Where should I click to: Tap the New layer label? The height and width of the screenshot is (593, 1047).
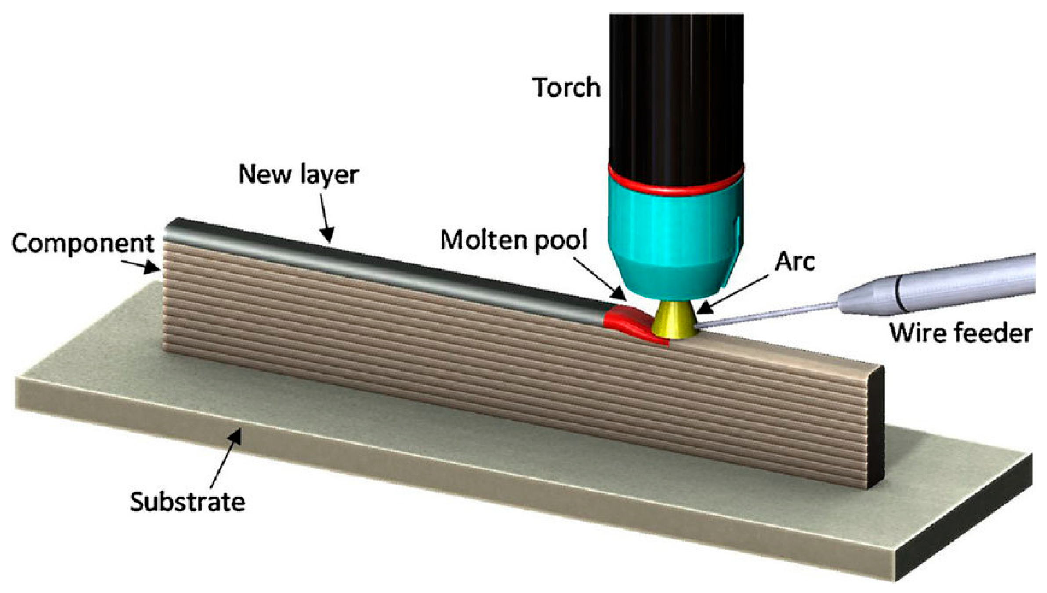(x=299, y=175)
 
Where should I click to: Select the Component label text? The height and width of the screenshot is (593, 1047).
(x=83, y=243)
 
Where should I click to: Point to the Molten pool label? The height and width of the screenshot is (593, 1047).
(x=513, y=240)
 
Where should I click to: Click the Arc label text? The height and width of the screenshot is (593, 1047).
(x=794, y=261)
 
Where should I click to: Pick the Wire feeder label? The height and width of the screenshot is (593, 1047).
(x=960, y=333)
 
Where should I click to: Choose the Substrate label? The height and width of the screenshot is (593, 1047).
(x=188, y=502)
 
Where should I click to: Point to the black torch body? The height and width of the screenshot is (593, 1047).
(x=676, y=88)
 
